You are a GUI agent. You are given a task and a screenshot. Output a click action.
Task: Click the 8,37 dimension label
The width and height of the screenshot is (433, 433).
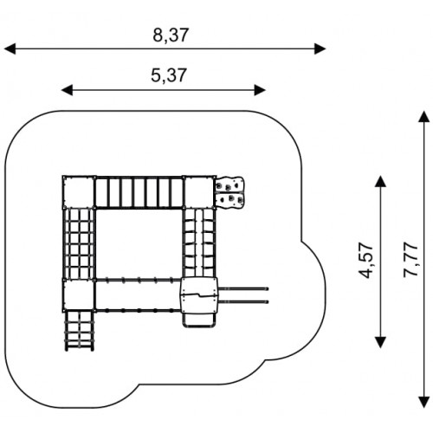[171, 36]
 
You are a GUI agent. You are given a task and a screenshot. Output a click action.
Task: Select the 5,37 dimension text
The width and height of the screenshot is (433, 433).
[169, 75]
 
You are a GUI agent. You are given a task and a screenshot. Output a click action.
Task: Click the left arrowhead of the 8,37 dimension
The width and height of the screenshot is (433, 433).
[10, 48]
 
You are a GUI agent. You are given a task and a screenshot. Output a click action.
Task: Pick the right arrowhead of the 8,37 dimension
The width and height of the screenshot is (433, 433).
[320, 48]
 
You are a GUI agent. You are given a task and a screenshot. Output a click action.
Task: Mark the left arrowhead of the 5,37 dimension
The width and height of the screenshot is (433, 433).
[68, 90]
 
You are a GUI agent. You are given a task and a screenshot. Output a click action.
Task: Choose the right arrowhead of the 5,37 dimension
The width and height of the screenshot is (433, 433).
[260, 90]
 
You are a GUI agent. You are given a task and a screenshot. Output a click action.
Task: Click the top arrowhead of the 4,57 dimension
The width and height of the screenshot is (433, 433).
[380, 181]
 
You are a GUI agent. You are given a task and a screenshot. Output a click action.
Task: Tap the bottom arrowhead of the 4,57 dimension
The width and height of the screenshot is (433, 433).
[380, 342]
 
